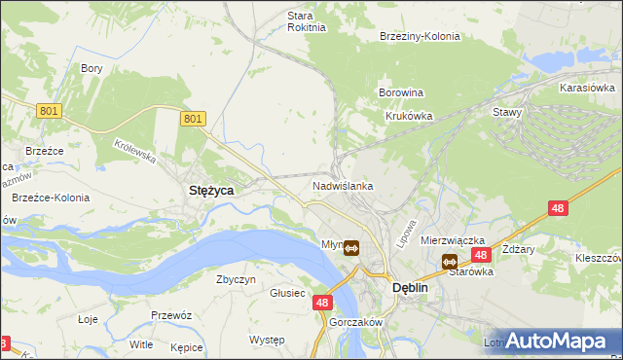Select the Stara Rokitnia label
click(x=293, y=21)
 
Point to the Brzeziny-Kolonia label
click(x=419, y=36)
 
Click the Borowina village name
click(x=400, y=92)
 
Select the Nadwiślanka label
click(x=343, y=185)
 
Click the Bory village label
click(x=92, y=68)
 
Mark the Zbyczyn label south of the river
click(x=236, y=279)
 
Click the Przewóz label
click(x=170, y=315)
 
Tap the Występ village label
click(x=267, y=340)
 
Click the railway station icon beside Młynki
click(x=351, y=247)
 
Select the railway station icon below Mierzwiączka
click(x=449, y=261)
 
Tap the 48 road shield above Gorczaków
click(x=324, y=304)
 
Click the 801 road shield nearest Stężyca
click(x=194, y=119)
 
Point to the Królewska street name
click(x=134, y=150)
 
